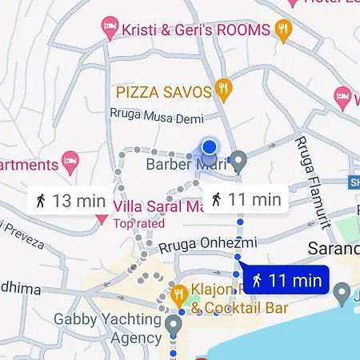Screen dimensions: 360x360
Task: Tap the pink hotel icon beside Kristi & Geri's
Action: pyautogui.click(x=110, y=30)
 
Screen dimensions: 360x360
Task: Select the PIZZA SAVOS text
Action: pyautogui.click(x=163, y=92)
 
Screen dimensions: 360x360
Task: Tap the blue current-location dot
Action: pyautogui.click(x=209, y=146)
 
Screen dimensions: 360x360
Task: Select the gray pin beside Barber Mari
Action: pyautogui.click(x=238, y=161)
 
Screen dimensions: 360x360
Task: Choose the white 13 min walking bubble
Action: pyautogui.click(x=70, y=200)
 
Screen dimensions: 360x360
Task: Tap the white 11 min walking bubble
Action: pyautogui.click(x=246, y=199)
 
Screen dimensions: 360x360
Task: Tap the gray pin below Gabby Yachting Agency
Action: pyautogui.click(x=174, y=325)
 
